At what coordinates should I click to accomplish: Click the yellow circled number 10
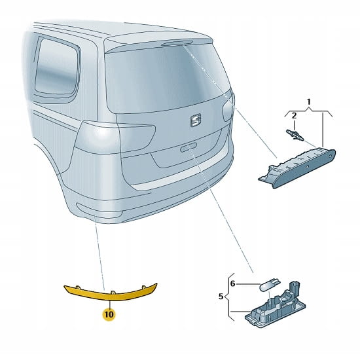(109, 314)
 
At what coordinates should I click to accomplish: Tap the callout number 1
(309, 101)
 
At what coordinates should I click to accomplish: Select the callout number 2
(294, 115)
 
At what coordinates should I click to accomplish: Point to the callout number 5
(221, 296)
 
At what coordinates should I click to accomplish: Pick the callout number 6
(233, 283)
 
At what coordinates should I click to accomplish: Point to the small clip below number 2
(295, 135)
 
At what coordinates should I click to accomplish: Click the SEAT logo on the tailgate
(196, 120)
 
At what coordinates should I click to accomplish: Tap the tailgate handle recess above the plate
(189, 147)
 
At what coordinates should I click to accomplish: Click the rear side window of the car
(57, 66)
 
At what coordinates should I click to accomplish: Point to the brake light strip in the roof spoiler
(177, 43)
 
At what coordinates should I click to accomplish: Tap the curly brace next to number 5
(228, 297)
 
